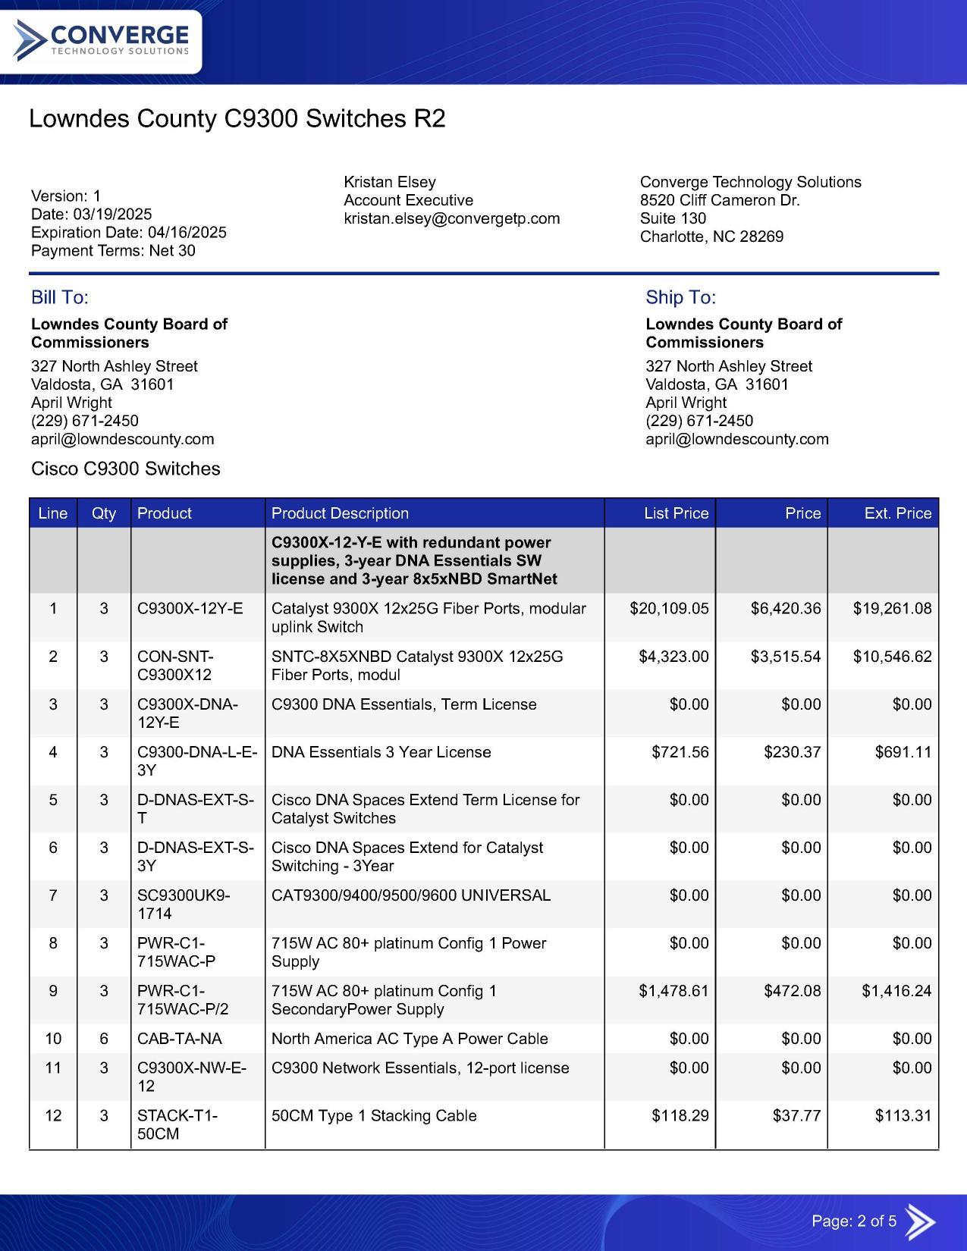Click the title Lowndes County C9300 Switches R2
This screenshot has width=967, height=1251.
(237, 119)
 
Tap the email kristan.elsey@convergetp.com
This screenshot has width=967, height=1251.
(451, 218)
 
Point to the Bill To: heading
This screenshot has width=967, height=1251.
(60, 297)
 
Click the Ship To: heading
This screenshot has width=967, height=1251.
(680, 297)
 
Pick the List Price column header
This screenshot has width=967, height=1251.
(676, 513)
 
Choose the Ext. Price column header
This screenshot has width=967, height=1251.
(897, 513)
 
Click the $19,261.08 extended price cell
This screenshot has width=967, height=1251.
(892, 609)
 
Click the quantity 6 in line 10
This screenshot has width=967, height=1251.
(104, 1039)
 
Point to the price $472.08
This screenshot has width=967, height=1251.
(792, 991)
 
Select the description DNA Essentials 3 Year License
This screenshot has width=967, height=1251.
(381, 752)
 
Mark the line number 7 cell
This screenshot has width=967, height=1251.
(53, 895)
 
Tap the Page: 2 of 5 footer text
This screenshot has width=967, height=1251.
(854, 1221)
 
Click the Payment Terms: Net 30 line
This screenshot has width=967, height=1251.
(113, 251)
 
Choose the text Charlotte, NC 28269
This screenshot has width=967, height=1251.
(711, 237)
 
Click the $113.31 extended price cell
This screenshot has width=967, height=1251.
(903, 1116)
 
